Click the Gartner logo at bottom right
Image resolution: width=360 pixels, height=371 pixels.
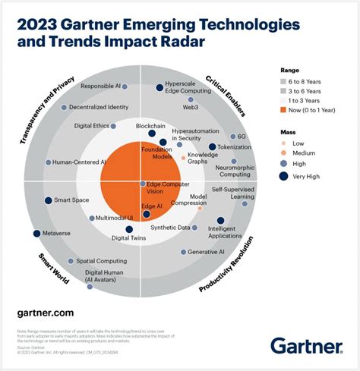point(307,345)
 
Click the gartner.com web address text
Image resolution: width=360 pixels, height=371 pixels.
point(45,312)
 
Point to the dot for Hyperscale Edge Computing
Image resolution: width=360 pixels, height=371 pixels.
point(160,88)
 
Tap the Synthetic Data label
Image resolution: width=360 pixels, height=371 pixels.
point(169,227)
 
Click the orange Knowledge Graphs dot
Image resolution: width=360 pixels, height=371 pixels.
point(183,158)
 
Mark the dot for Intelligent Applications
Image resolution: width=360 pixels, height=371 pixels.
point(220,221)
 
